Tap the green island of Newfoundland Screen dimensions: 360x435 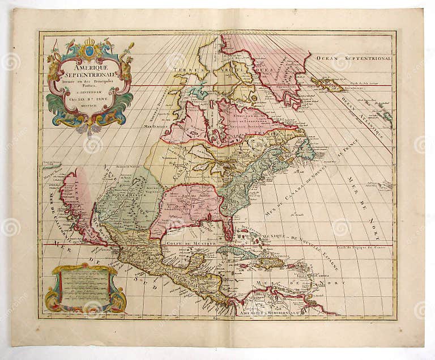pos(305,149)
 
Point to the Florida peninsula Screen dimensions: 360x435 pos(228,230)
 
